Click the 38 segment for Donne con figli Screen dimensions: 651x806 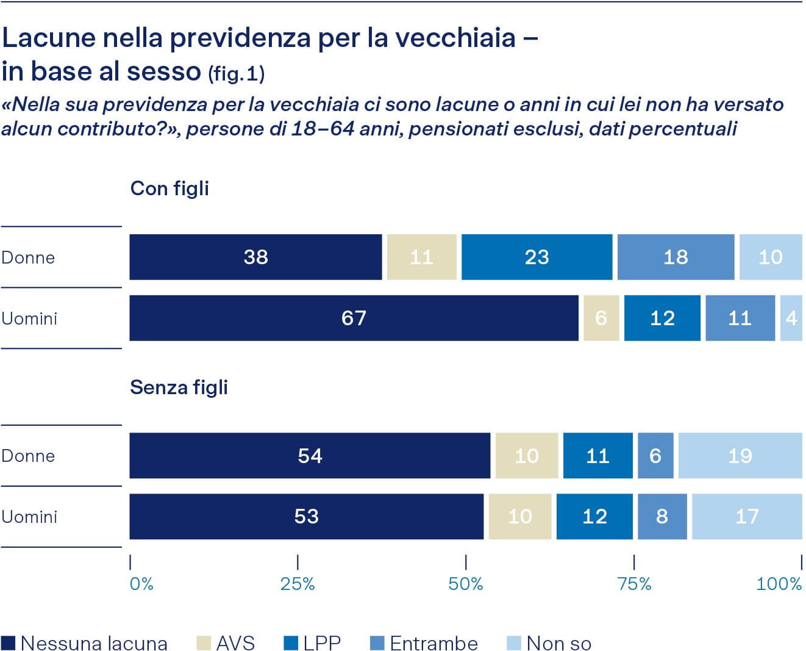click(x=255, y=257)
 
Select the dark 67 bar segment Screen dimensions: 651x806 click(x=354, y=318)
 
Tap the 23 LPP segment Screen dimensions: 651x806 click(x=537, y=257)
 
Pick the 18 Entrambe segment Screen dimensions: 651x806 click(x=676, y=257)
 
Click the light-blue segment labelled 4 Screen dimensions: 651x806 click(x=791, y=318)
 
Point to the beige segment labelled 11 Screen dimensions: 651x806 click(x=421, y=257)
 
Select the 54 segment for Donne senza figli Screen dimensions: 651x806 click(x=310, y=456)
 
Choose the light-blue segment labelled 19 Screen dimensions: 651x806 click(x=740, y=456)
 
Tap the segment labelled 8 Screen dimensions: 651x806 click(x=662, y=517)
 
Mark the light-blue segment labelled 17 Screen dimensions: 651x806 click(x=747, y=517)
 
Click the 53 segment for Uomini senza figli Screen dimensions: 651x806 click(x=306, y=517)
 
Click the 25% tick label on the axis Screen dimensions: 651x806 click(x=298, y=584)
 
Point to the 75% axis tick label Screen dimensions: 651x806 click(x=634, y=584)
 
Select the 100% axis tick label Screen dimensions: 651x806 click(x=779, y=584)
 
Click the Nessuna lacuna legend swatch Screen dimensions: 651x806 click(x=9, y=643)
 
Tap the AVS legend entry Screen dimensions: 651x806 click(x=226, y=643)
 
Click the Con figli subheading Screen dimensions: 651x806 click(x=169, y=189)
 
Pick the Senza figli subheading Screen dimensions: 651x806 click(x=179, y=387)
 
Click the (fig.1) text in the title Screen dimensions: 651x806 click(x=237, y=74)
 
